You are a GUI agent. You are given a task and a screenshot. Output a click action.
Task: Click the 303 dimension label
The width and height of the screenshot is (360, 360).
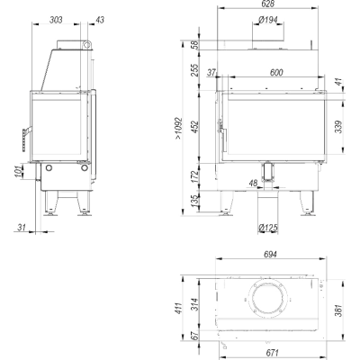[x=56, y=20]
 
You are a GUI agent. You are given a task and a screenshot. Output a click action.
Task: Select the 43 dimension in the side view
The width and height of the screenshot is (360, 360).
[x=100, y=20]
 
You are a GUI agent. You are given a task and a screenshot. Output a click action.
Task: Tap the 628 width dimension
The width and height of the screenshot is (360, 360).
[x=268, y=4]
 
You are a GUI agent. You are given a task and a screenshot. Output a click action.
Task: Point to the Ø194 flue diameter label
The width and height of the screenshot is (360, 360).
[x=268, y=20]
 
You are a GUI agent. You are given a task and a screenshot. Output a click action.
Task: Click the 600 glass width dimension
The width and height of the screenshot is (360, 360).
[x=276, y=72]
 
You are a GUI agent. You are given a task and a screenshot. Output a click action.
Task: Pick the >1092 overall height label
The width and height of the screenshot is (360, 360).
[x=178, y=128]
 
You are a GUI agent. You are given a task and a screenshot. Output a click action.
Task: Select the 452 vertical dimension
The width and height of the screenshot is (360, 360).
[x=195, y=127]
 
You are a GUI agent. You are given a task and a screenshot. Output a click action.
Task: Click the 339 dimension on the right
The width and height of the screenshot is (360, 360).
[x=338, y=127]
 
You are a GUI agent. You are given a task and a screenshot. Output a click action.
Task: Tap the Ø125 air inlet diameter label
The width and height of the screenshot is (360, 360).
[x=268, y=229]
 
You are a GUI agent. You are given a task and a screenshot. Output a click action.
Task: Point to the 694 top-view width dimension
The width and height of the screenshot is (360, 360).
[x=270, y=254]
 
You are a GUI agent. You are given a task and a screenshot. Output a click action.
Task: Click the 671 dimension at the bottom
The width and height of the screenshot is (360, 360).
[x=272, y=352]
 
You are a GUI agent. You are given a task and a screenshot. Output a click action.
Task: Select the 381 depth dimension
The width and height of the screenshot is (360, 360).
[x=338, y=310]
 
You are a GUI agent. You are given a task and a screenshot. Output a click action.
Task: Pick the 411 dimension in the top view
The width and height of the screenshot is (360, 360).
[x=178, y=308]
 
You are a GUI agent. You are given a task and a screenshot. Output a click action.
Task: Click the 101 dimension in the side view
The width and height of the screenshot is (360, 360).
[x=19, y=171]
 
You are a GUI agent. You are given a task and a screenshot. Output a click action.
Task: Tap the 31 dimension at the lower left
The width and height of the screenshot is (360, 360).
[x=21, y=228]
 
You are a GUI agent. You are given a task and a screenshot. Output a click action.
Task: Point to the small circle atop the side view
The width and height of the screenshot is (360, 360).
[x=87, y=45]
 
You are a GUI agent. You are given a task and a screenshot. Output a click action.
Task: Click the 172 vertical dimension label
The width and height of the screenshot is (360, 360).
[x=195, y=176]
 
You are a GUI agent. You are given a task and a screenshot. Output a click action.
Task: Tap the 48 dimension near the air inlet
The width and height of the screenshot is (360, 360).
[x=254, y=183]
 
